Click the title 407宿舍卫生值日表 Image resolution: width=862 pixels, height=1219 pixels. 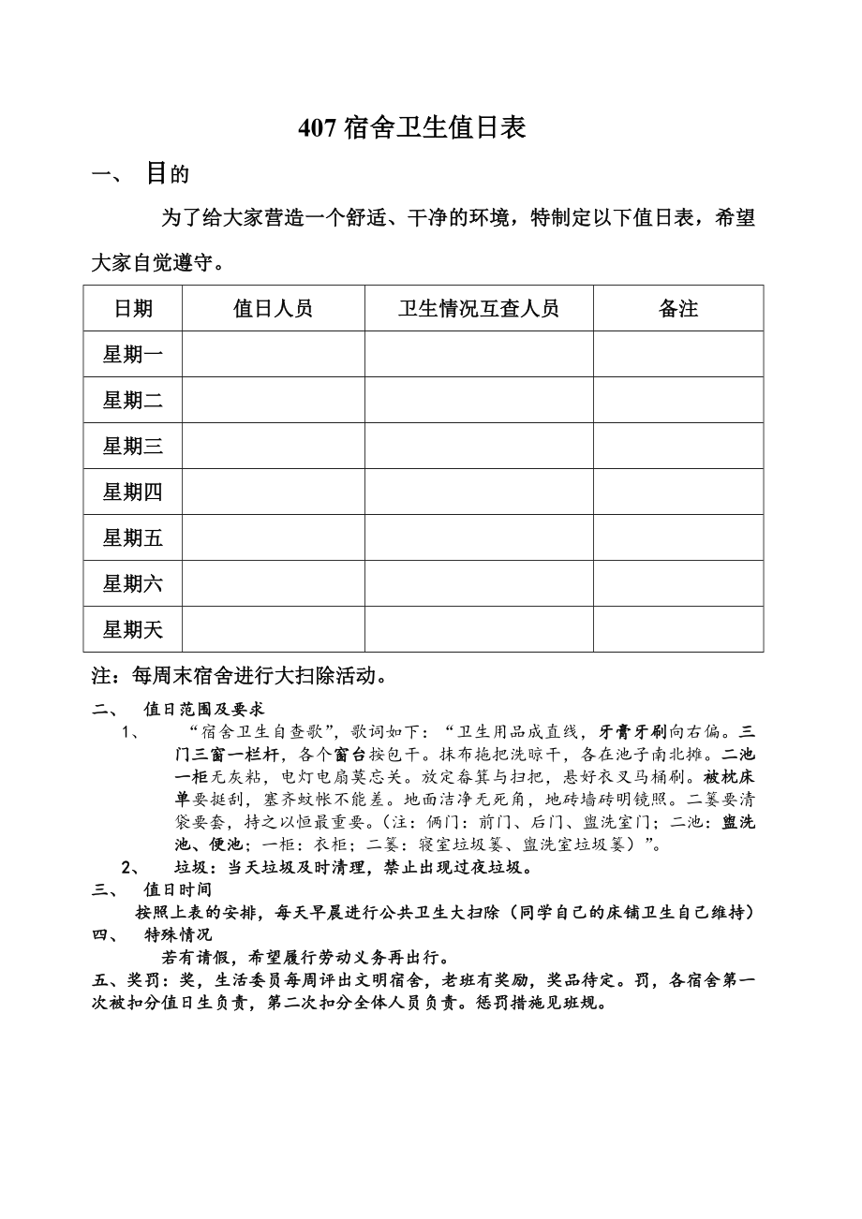[x=411, y=128]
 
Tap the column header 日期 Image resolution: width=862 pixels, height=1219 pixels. [x=133, y=309]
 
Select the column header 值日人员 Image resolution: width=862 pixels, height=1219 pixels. [x=273, y=309]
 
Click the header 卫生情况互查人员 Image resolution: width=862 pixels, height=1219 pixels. [x=478, y=309]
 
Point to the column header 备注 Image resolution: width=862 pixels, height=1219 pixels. [x=677, y=309]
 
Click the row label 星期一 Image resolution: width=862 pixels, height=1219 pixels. [x=133, y=355]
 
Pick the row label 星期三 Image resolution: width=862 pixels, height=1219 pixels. [x=133, y=447]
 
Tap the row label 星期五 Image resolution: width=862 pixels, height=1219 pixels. [x=133, y=538]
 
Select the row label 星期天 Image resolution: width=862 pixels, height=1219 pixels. [x=133, y=630]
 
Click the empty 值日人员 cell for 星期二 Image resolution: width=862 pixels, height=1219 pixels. [x=273, y=401]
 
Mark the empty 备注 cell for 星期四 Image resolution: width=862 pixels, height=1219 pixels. [x=677, y=492]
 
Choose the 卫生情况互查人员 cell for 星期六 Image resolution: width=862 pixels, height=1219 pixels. [x=478, y=584]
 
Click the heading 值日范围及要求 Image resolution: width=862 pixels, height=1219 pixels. [x=203, y=710]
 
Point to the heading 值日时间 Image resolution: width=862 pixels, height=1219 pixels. [x=177, y=889]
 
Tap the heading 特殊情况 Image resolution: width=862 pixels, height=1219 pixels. [x=177, y=934]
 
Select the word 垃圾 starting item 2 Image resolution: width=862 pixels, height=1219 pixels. [x=190, y=867]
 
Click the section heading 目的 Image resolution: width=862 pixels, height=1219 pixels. [x=168, y=173]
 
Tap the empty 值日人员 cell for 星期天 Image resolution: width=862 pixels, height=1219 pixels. [x=273, y=630]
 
